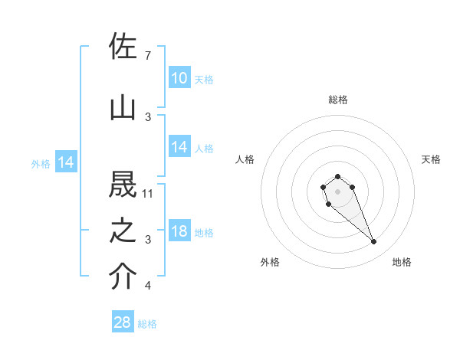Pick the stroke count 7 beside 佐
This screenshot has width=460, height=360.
(147, 56)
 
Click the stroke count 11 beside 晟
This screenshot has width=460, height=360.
(149, 194)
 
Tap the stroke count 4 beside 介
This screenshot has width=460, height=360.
(147, 286)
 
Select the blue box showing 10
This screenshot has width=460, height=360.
(179, 78)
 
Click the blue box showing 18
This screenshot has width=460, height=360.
(179, 232)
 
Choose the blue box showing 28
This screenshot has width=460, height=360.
(123, 322)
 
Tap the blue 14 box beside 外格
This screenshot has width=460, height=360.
(65, 162)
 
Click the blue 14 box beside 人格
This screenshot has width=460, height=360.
(179, 147)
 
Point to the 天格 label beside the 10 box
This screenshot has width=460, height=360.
(204, 79)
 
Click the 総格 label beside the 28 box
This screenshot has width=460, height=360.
(147, 324)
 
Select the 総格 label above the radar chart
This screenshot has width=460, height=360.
(338, 100)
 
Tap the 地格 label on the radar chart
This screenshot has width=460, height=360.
(402, 262)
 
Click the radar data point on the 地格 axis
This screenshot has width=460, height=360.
(374, 242)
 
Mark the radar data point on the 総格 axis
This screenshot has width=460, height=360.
(337, 177)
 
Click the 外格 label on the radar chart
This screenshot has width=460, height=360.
(270, 262)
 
